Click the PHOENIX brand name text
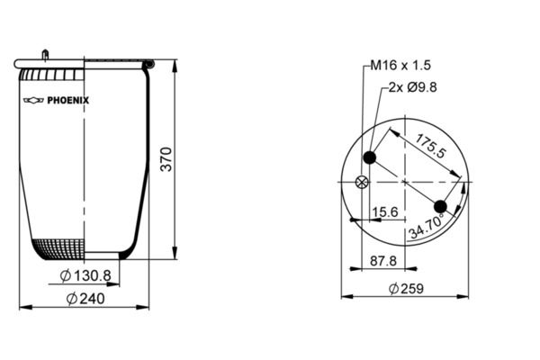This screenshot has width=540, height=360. coord(69,101)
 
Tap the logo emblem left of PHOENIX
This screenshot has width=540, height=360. coord(34,101)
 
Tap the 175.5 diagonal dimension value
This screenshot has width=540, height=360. coord(430,147)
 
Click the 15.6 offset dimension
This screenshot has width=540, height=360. coord(385,212)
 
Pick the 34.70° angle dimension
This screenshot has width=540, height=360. coord(430,225)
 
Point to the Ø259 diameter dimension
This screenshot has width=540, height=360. coord(406,289)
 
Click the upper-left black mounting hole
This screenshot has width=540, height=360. coord(369,159)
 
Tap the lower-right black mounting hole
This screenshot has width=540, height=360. coord(441,206)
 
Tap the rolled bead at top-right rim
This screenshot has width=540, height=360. coord(148,65)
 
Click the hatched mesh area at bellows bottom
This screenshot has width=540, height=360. coord(59,247)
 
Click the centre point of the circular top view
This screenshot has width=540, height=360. coord(405,183)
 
